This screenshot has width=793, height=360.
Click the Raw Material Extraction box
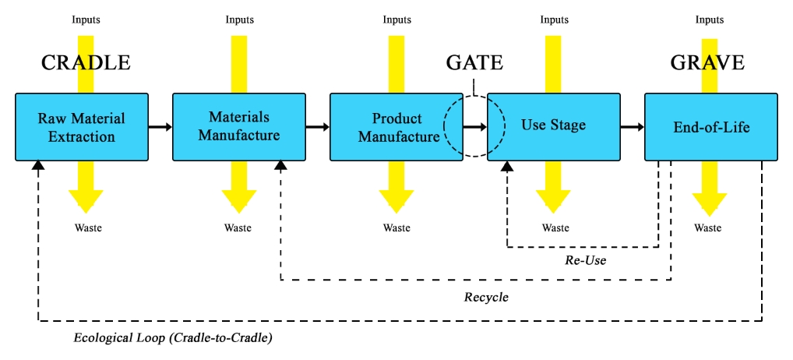click(x=82, y=127)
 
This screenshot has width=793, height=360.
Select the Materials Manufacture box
click(x=238, y=127)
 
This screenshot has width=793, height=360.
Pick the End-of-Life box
click(x=710, y=127)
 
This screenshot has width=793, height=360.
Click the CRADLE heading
click(x=86, y=63)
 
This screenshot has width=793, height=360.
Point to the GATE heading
click(x=474, y=63)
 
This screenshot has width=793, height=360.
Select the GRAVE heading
click(x=707, y=63)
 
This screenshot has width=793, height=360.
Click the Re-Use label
click(x=586, y=260)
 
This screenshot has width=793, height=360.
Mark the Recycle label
click(x=486, y=297)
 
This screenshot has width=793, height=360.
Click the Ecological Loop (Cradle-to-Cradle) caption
click(x=173, y=338)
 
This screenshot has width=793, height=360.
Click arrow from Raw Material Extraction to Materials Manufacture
click(x=160, y=126)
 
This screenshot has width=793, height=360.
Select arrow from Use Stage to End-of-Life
click(x=633, y=126)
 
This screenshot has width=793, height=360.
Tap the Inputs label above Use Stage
click(x=555, y=19)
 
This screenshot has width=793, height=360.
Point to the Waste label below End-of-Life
click(x=708, y=228)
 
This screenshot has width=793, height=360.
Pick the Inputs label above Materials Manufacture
click(x=239, y=19)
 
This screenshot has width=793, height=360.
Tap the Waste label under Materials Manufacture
click(x=238, y=228)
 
